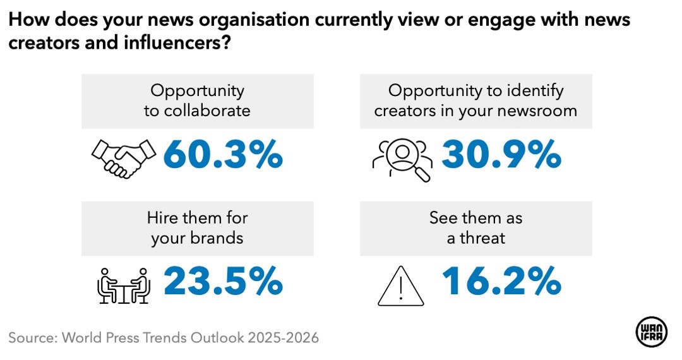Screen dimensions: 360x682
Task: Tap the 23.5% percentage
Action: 223,281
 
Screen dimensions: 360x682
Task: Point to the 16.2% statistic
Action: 501,281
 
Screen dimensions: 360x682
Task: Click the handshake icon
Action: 124,157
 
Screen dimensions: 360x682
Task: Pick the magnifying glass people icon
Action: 402,158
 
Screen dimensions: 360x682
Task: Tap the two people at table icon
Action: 124,284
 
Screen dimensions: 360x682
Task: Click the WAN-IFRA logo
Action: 650,333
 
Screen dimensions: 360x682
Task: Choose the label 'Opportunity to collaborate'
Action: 197,100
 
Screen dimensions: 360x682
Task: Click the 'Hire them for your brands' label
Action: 197,228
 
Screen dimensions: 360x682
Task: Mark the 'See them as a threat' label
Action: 476,228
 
